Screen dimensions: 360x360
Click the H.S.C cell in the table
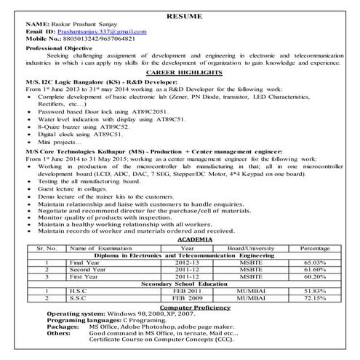pyautogui.click(x=80, y=291)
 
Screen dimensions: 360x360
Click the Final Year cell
pyautogui.click(x=82, y=263)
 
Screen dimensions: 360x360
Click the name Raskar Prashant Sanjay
pyautogui.click(x=90, y=24)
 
